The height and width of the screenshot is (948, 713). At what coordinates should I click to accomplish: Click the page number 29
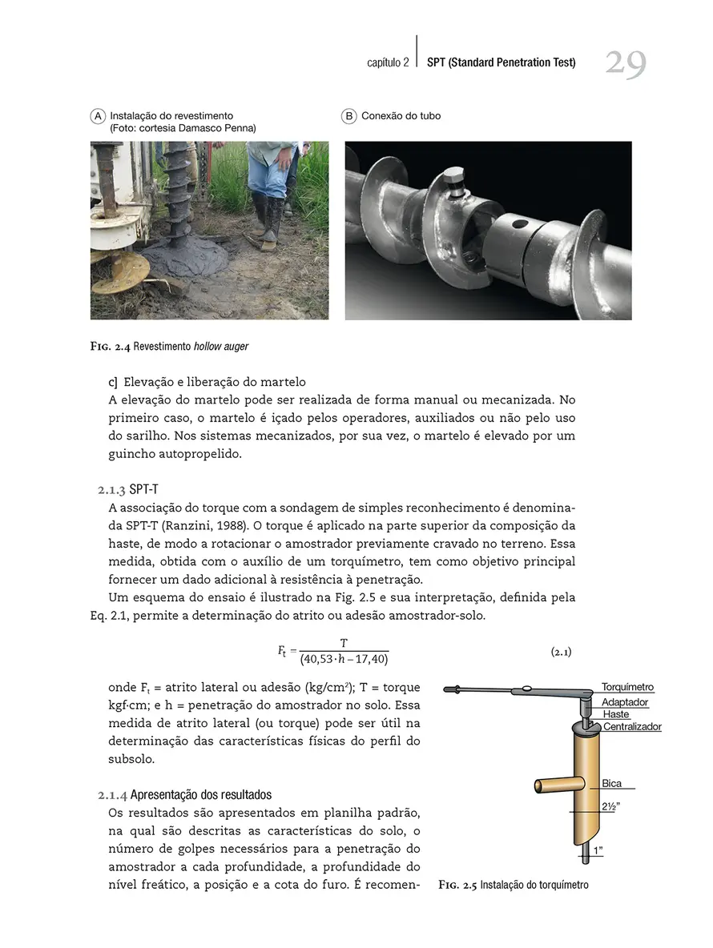point(625,63)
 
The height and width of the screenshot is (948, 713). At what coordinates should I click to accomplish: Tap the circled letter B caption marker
point(349,116)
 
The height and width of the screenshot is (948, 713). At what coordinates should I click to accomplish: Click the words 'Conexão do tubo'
point(401,116)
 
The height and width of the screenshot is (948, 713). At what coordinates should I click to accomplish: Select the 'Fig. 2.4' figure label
point(110,346)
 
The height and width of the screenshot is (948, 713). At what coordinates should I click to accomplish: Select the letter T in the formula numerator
point(344,643)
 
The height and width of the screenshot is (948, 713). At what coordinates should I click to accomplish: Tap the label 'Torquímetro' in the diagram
point(627,687)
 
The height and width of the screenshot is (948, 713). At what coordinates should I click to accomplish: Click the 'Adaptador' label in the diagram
point(625,702)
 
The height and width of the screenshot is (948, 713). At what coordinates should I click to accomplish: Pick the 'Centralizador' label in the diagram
point(632,727)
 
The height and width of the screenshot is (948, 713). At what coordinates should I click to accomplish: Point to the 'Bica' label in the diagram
point(611,784)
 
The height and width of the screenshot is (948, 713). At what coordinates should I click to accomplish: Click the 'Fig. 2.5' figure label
point(457,885)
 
